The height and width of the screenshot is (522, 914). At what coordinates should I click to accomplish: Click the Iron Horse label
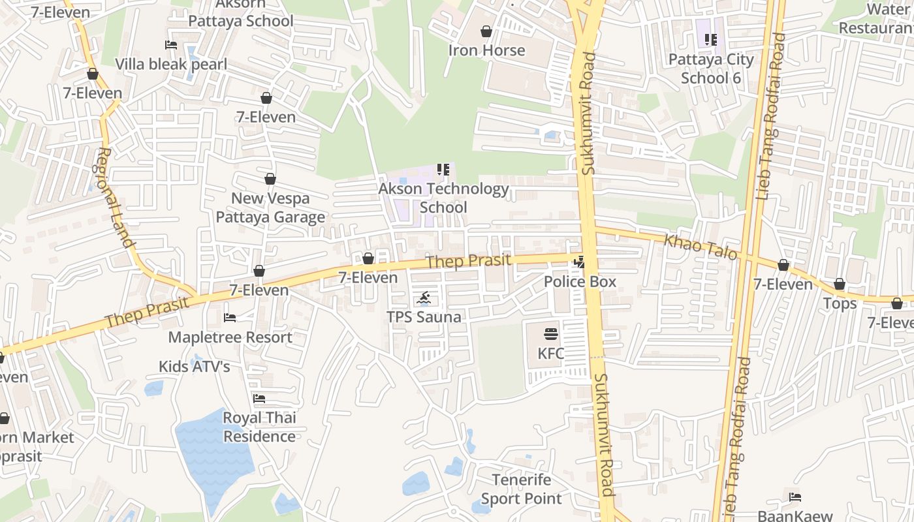coord(486,50)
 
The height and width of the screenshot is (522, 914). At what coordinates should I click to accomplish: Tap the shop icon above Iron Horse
coord(486,31)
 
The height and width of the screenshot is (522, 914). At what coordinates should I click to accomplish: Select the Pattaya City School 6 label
coord(711,69)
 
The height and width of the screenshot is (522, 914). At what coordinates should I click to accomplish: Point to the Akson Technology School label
coord(444,198)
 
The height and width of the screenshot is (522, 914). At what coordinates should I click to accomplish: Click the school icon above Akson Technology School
coord(443,170)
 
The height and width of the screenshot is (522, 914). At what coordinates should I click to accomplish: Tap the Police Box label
coord(580,282)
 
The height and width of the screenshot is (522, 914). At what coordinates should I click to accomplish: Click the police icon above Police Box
coord(578,262)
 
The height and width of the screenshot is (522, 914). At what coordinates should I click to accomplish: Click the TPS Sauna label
coord(424,317)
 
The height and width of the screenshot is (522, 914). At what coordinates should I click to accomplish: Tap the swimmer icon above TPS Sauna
coord(424,299)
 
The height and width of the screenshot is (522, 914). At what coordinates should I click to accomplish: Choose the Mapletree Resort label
coord(230,337)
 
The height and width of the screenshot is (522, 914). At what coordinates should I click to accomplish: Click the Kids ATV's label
coord(195,367)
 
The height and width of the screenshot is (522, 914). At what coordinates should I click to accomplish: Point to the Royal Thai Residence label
coord(259,427)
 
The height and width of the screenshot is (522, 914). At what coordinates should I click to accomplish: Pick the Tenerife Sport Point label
coord(521,489)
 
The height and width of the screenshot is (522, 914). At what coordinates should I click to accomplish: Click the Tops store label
coord(840,303)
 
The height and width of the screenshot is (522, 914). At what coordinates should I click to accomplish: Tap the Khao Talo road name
coord(701,247)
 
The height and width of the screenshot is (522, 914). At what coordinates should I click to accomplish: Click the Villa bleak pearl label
coord(171,64)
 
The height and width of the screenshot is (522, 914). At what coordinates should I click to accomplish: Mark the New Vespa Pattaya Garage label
coord(270,207)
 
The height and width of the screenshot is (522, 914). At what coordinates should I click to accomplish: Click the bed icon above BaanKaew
coord(795,497)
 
